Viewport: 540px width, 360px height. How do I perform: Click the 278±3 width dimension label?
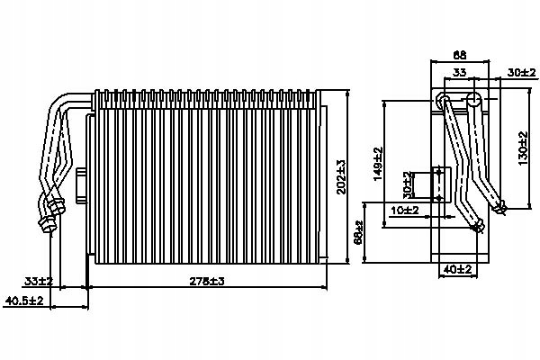pyautogui.click(x=207, y=281)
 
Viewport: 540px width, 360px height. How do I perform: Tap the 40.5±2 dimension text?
pyautogui.click(x=24, y=301)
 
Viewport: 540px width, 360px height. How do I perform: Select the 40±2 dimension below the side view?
pyautogui.click(x=459, y=268)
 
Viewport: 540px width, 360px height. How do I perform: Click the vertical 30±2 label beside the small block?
pyautogui.click(x=407, y=184)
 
